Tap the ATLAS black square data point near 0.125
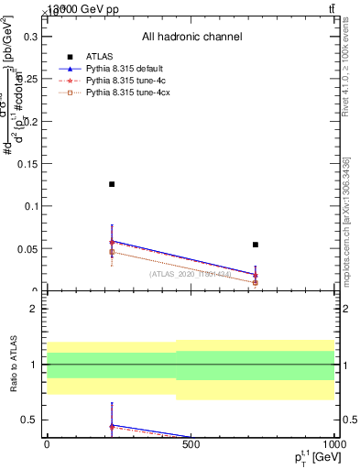pos(112,184)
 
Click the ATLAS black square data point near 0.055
pos(256,245)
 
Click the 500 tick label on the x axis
pos(191,443)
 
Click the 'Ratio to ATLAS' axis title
pos(12,365)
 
